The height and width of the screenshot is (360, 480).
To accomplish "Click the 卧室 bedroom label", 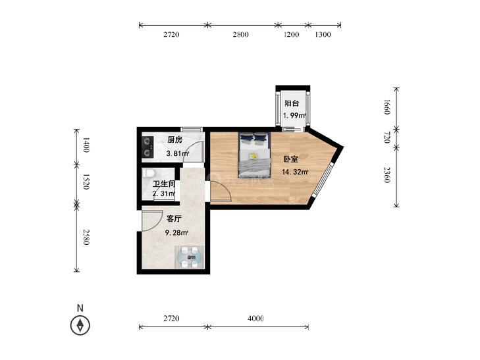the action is (x=291, y=159).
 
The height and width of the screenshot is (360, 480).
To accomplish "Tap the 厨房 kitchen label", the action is (x=174, y=140).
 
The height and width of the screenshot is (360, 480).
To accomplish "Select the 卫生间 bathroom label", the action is (x=164, y=184).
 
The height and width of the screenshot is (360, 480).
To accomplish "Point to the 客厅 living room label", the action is (x=174, y=219).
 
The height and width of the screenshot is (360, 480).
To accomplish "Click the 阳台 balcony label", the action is (x=292, y=103).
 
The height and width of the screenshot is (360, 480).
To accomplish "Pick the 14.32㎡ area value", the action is (x=295, y=172).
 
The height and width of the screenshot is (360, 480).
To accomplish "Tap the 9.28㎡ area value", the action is (x=176, y=233).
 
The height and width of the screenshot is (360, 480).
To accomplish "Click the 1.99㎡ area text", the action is (x=294, y=116).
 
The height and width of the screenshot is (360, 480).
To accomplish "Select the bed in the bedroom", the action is (x=255, y=155).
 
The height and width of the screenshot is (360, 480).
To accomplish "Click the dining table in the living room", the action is (x=190, y=257).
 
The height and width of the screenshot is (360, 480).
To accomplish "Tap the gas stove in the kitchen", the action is (x=147, y=147).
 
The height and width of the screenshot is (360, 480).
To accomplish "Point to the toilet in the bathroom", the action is (x=148, y=174).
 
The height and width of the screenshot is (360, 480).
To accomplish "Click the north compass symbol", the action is (x=80, y=325).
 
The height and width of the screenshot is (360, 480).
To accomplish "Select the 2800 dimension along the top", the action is (x=240, y=35).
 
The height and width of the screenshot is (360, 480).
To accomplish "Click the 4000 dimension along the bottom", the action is (x=255, y=319).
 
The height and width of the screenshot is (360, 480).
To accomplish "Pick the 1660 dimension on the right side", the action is (x=387, y=107).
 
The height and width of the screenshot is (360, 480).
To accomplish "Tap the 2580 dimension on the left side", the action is (x=86, y=237).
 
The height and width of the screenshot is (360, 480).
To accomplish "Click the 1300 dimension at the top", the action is (x=323, y=35).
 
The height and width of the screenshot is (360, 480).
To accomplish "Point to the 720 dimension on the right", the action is (x=387, y=138).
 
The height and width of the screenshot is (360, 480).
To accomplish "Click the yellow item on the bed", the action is (x=253, y=156).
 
